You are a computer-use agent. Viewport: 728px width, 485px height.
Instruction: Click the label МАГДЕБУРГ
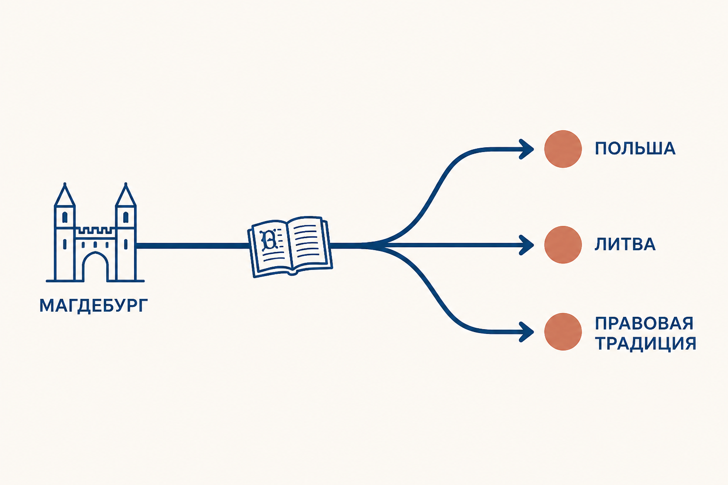click(x=93, y=305)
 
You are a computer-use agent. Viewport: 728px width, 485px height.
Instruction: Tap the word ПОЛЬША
click(x=635, y=149)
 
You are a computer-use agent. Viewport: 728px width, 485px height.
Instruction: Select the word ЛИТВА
click(x=625, y=244)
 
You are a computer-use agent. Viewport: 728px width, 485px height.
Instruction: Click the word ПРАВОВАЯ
click(x=644, y=323)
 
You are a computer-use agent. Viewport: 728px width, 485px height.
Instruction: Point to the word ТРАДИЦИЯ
click(x=646, y=343)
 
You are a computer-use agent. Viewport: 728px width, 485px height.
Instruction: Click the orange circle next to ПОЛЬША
click(x=563, y=149)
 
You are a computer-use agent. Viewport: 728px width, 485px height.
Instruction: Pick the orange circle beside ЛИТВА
click(x=563, y=244)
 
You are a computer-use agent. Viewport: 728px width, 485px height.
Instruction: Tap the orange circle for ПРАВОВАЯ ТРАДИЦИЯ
click(x=563, y=332)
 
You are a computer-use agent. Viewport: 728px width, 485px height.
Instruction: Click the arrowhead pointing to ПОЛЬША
click(x=527, y=149)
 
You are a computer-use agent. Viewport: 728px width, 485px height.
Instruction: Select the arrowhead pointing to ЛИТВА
click(x=527, y=245)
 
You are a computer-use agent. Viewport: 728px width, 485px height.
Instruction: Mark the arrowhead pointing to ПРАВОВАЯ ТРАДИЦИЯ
click(x=527, y=332)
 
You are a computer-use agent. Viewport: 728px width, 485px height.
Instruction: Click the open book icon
click(x=290, y=247)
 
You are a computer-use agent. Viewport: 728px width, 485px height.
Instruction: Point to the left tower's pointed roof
click(x=64, y=195)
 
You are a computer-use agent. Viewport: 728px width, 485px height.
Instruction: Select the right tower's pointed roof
click(x=126, y=195)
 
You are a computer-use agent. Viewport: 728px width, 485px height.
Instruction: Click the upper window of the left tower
click(x=64, y=217)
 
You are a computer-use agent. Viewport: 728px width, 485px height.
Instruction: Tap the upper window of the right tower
click(x=126, y=217)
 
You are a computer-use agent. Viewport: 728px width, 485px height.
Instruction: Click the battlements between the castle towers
click(x=95, y=231)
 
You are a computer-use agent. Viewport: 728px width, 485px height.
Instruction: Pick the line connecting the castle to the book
click(x=193, y=246)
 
